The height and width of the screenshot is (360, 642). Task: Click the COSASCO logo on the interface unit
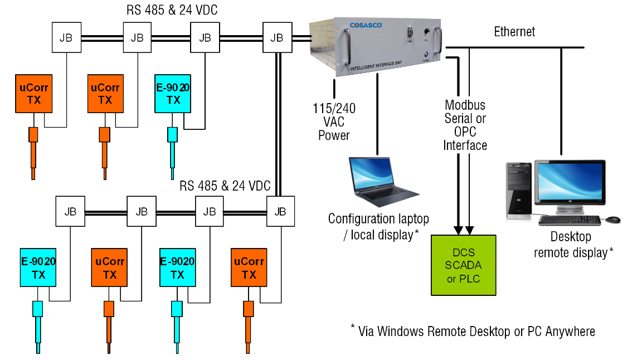[x=364, y=25]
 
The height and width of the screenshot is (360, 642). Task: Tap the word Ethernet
[x=514, y=32]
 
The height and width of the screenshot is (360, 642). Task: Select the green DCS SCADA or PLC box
[x=464, y=265]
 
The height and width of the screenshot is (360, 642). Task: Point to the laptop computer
[x=382, y=182]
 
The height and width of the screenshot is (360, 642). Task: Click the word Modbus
[x=465, y=105]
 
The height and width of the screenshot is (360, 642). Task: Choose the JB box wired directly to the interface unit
[x=276, y=37]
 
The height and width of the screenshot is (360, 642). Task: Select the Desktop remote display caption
[x=571, y=245]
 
